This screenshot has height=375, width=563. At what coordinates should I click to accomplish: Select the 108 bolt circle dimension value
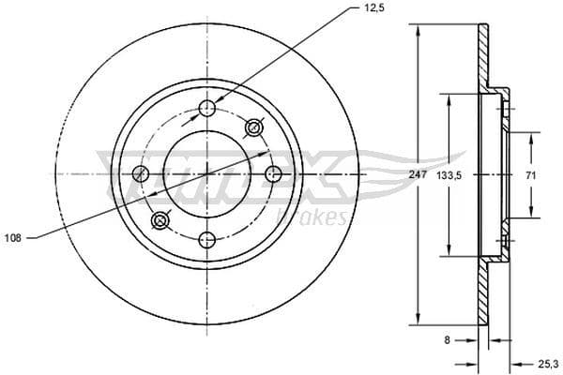(12, 238)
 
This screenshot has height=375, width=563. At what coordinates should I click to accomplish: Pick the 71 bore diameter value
(531, 174)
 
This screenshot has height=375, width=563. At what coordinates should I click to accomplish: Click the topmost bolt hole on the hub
(208, 110)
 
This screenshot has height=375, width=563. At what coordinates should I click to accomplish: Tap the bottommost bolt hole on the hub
(208, 239)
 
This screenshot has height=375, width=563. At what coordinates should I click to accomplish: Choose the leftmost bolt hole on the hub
(142, 173)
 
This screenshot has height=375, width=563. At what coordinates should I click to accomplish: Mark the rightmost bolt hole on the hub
(274, 173)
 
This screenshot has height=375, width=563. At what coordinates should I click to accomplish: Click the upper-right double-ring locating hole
(253, 127)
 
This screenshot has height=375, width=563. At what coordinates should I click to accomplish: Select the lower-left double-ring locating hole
(161, 221)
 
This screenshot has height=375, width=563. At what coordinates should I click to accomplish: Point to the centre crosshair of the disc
(208, 173)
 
